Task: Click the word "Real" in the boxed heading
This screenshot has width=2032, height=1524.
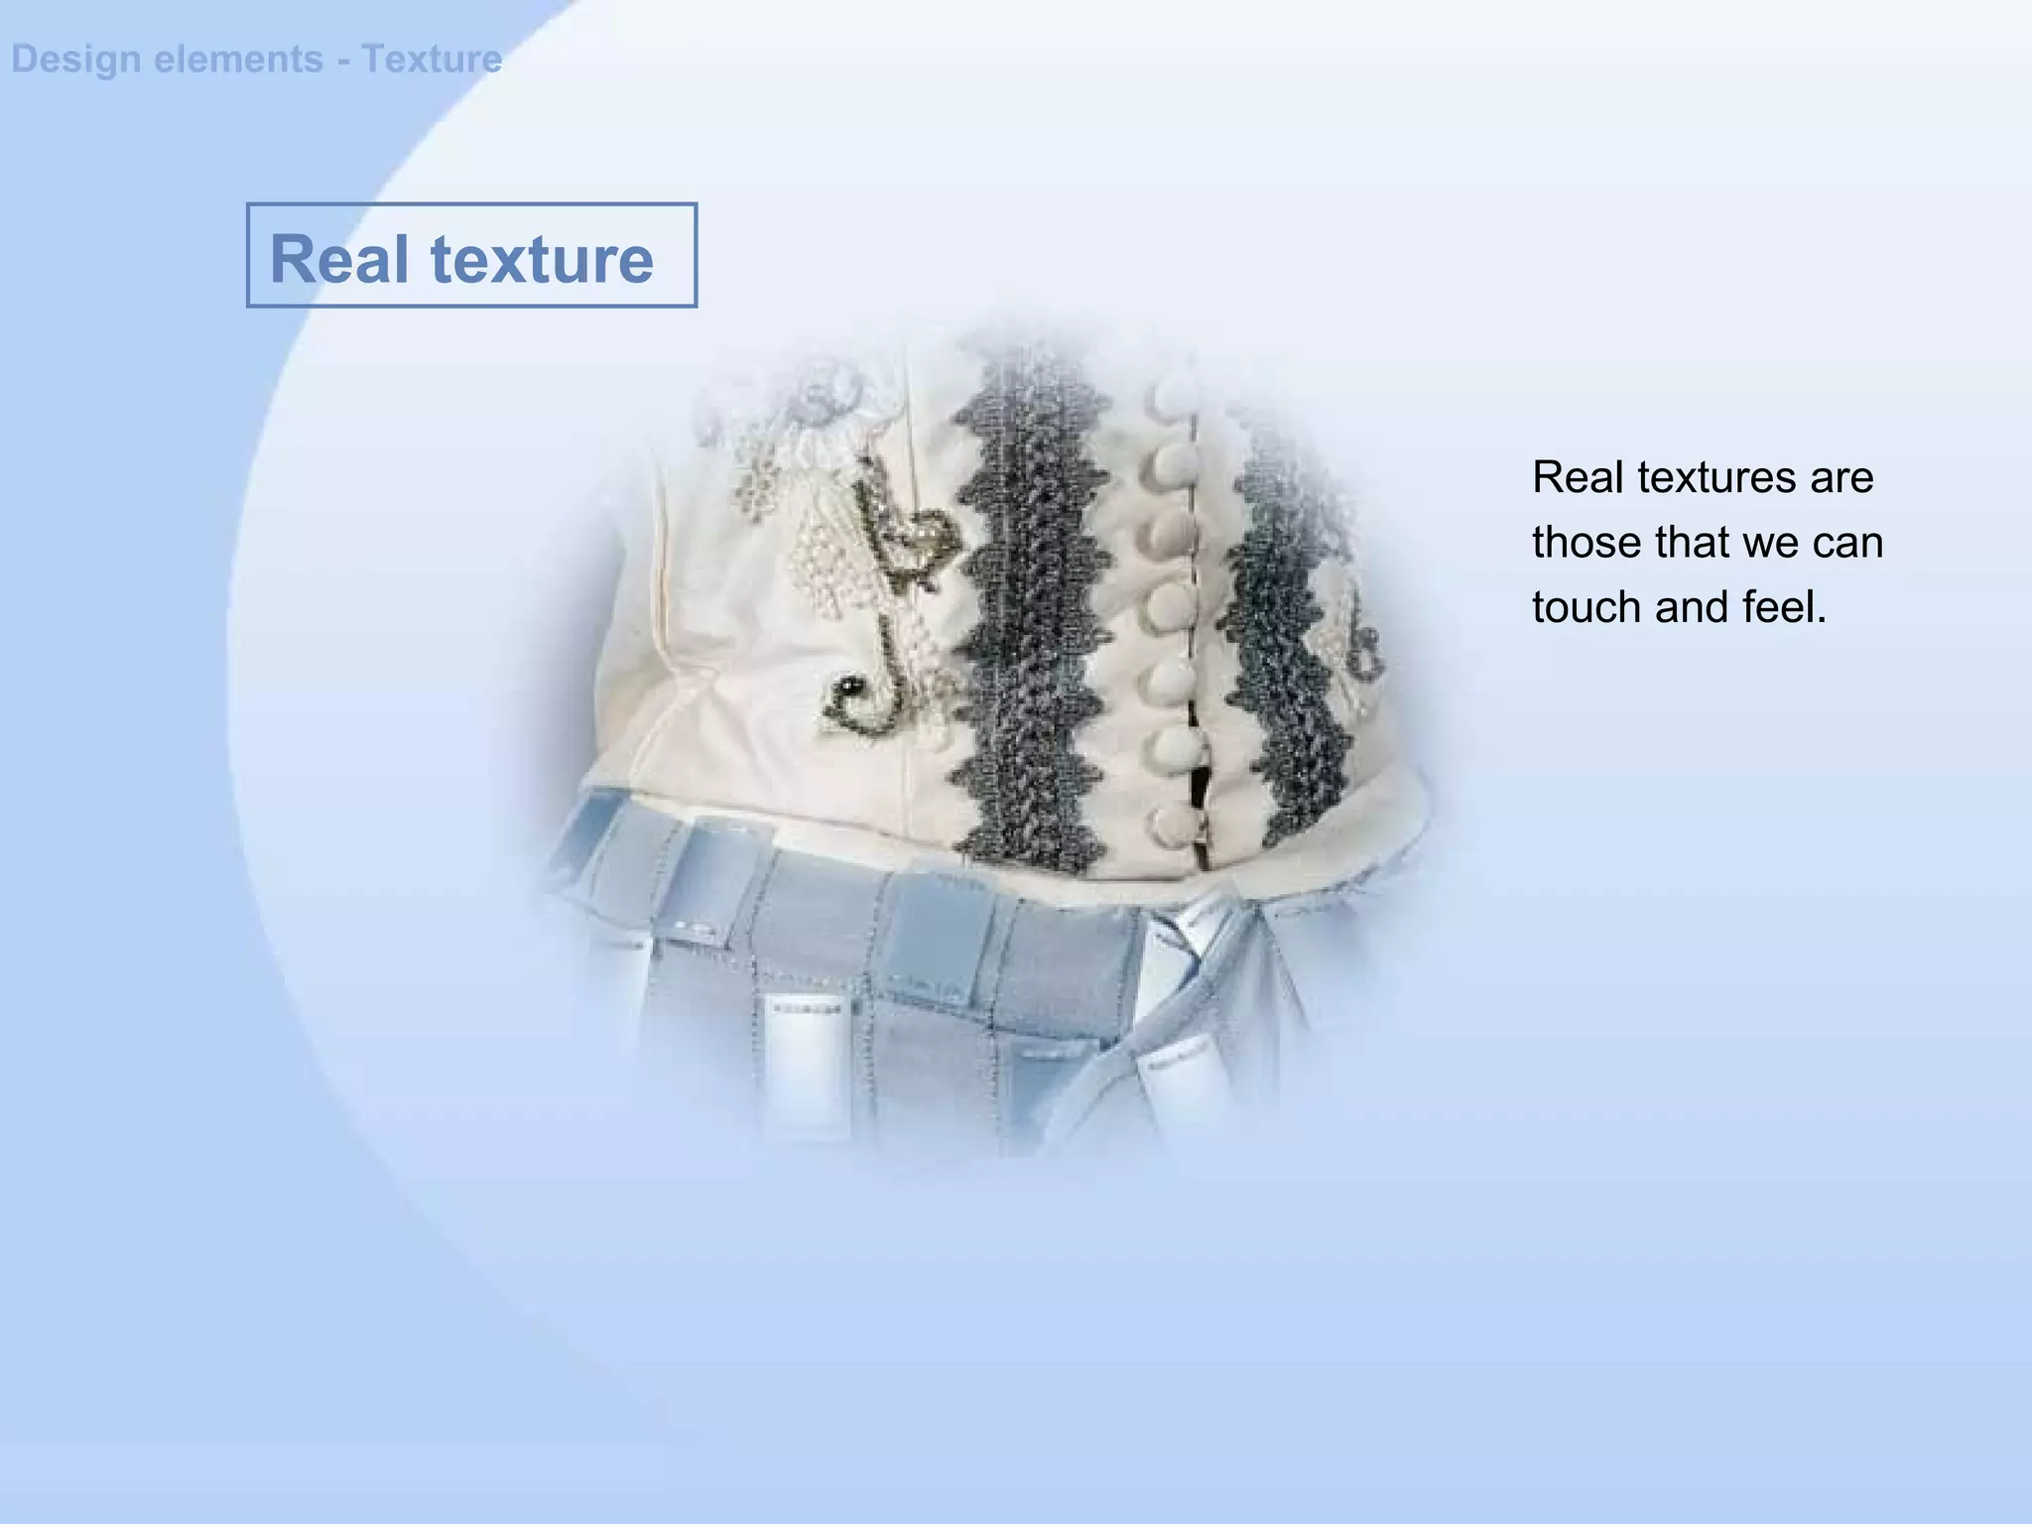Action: tap(338, 260)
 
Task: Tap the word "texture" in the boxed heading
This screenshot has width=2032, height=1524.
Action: tap(542, 260)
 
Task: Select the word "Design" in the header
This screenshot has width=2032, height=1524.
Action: tap(75, 60)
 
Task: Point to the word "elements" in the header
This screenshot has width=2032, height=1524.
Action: tap(238, 60)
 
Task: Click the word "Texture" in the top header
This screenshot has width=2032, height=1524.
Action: tap(432, 60)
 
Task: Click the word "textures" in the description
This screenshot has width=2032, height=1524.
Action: tap(1716, 478)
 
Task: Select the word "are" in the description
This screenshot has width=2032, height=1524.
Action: tap(1841, 478)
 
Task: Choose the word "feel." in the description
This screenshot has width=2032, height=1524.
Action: tap(1783, 607)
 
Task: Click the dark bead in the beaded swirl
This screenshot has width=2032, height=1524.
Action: tap(848, 684)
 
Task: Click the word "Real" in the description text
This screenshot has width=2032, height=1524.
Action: tap(1578, 478)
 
